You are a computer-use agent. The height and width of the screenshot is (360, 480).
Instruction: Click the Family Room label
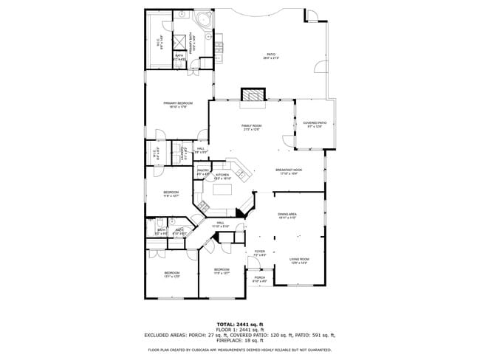252,126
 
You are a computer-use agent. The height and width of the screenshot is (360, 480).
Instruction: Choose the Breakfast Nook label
287,170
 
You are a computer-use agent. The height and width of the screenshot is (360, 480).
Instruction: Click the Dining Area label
287,214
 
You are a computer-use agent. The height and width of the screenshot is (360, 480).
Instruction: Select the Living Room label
299,259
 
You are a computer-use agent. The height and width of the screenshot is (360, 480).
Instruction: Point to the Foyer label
259,252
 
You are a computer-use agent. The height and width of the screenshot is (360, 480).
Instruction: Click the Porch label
260,278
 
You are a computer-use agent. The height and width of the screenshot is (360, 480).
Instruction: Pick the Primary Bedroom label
178,103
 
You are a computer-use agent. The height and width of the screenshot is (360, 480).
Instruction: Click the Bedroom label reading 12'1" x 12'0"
171,274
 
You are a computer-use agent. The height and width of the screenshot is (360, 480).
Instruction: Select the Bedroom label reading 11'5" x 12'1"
222,270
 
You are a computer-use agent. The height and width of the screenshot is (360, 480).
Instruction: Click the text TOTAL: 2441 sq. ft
239,323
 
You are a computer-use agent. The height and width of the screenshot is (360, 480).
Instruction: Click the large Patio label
271,55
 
